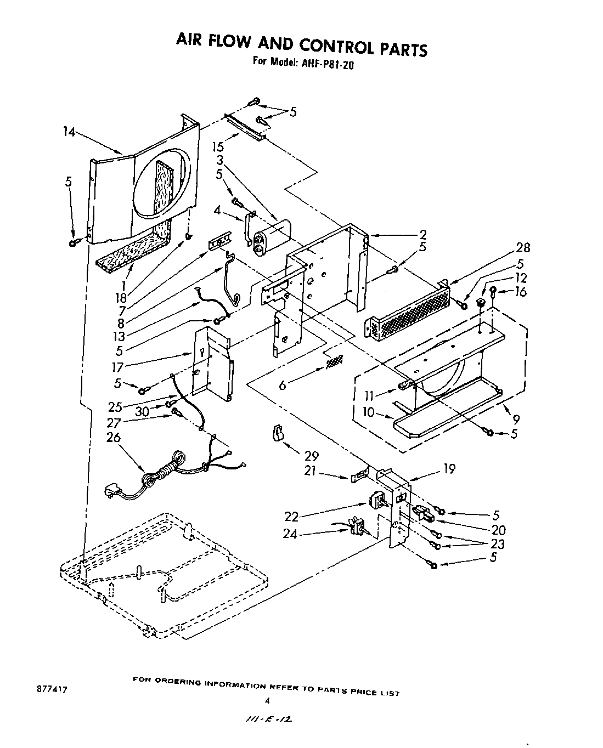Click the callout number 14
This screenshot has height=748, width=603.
click(x=70, y=132)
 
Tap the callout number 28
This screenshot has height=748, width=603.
click(x=523, y=247)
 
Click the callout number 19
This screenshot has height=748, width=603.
click(x=448, y=469)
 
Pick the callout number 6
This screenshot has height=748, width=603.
click(x=283, y=386)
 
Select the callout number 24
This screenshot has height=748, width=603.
click(x=290, y=534)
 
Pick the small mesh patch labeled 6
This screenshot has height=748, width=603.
click(x=334, y=361)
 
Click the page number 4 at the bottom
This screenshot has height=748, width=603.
click(x=268, y=700)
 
